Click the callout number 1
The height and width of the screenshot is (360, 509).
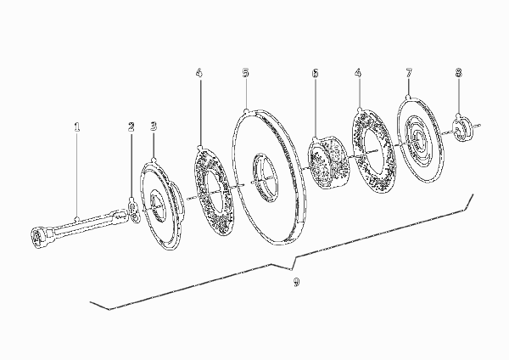[x=76, y=127]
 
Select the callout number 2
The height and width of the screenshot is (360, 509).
[x=131, y=127]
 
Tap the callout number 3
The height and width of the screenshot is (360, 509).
[x=154, y=127]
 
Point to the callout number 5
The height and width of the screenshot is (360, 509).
[x=246, y=73]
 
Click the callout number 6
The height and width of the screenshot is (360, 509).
[x=316, y=73]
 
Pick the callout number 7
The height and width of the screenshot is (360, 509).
[x=409, y=73]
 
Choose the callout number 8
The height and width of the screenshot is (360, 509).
[x=458, y=73]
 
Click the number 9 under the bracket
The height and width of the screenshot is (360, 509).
[x=296, y=282]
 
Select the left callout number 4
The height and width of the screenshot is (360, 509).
[x=199, y=73]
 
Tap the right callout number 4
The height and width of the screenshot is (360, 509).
[x=358, y=73]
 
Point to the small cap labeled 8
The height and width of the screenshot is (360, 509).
[x=461, y=130]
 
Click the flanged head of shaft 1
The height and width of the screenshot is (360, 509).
[x=38, y=239]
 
